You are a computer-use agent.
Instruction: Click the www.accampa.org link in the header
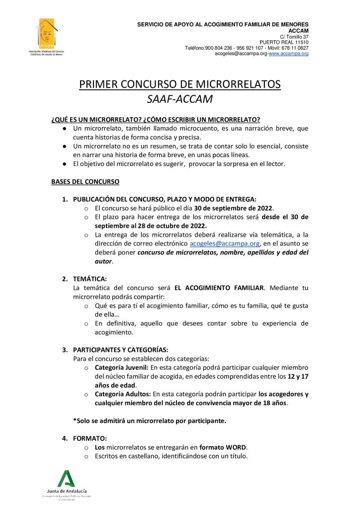(x=288, y=53)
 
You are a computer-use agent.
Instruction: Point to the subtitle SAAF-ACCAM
(x=180, y=99)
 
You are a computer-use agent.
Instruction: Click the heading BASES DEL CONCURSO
(x=85, y=182)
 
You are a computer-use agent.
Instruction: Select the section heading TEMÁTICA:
(x=90, y=279)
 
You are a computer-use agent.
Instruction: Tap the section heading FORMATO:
(x=90, y=438)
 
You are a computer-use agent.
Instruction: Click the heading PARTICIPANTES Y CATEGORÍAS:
(x=121, y=349)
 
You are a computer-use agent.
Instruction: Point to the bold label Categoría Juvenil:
(x=118, y=367)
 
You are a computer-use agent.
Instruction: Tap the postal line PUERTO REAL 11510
(x=284, y=42)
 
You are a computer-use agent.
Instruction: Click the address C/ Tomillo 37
(x=294, y=37)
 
